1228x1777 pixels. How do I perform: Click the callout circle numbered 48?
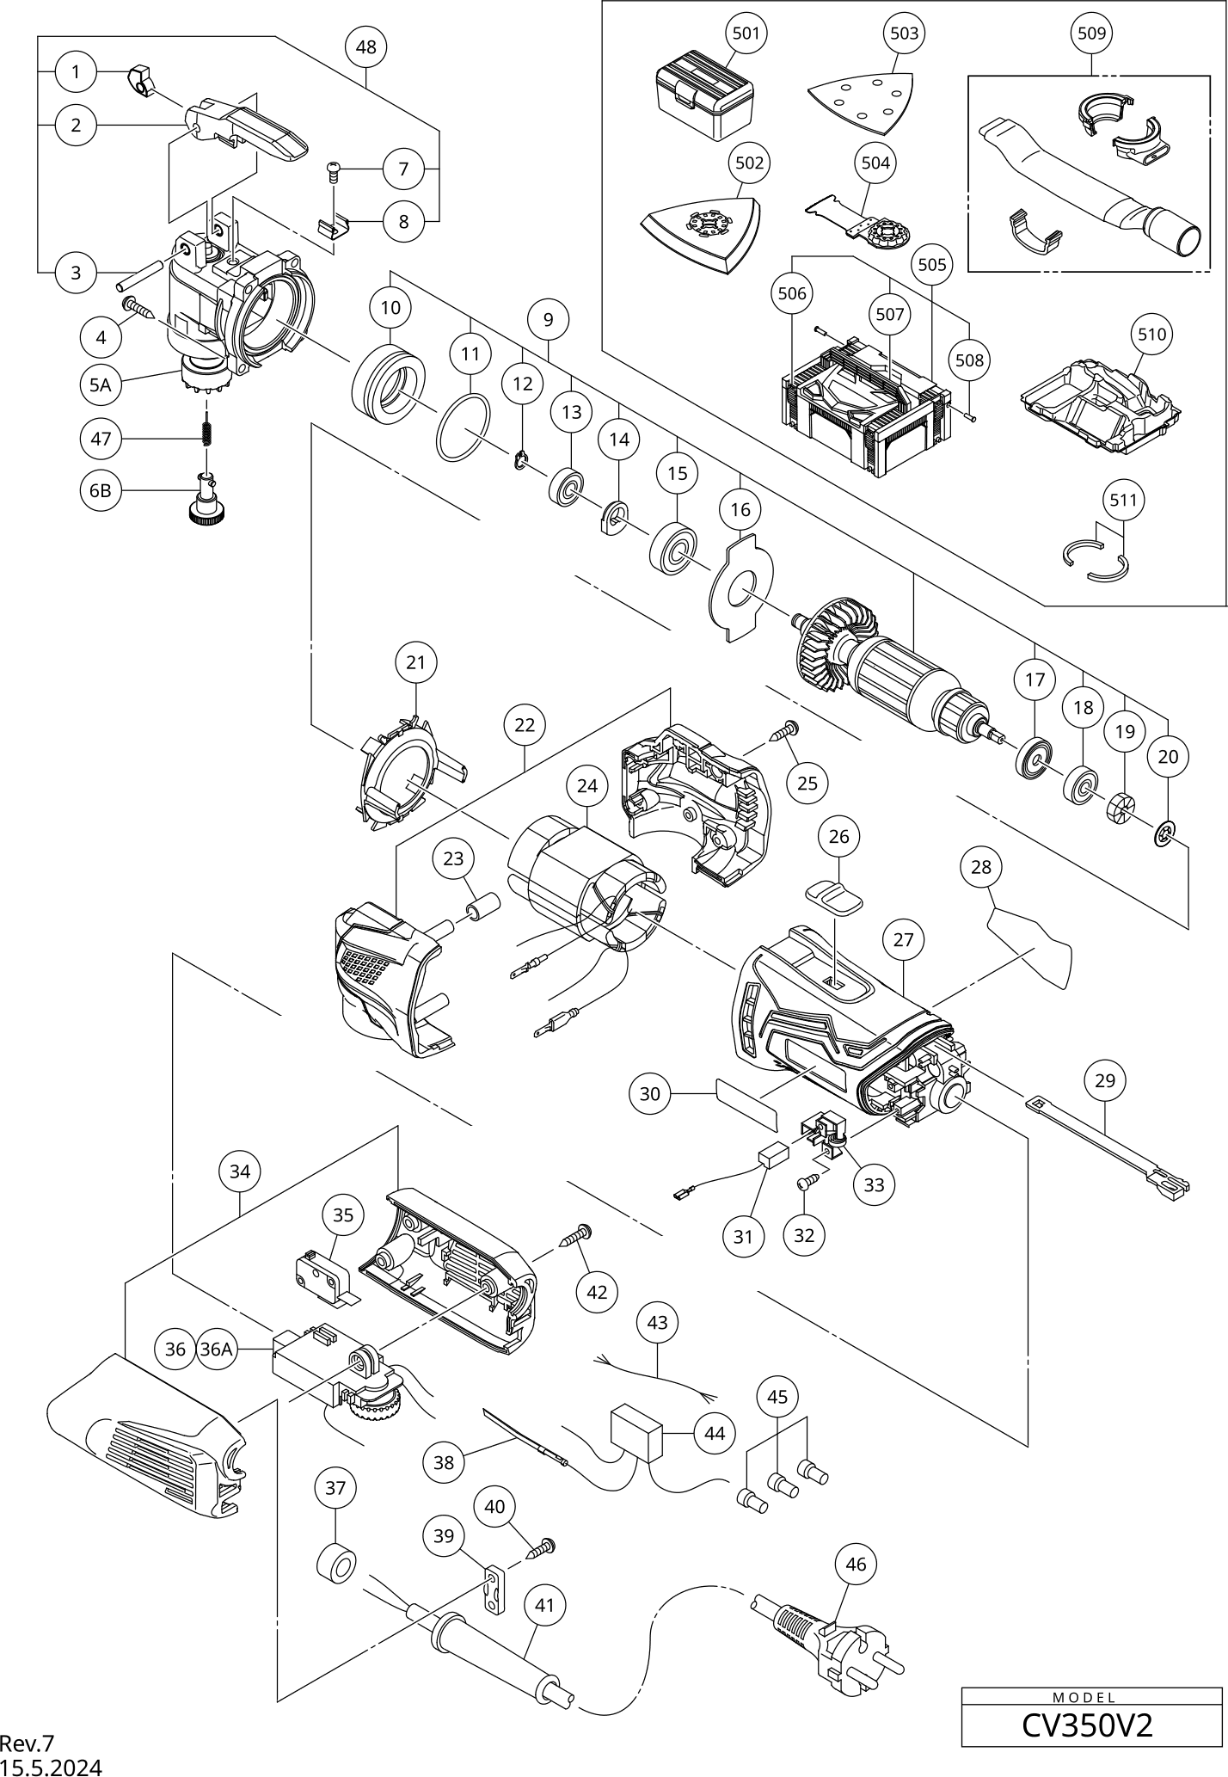(x=365, y=47)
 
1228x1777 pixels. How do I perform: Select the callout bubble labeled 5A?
(x=101, y=384)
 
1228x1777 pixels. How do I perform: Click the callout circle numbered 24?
(x=587, y=785)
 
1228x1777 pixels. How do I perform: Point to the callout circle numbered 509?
(x=1092, y=34)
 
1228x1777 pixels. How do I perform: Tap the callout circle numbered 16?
(x=740, y=509)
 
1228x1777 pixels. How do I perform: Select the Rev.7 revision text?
(x=27, y=1743)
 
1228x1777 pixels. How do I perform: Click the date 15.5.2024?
(x=51, y=1767)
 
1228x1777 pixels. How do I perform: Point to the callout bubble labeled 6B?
(x=101, y=491)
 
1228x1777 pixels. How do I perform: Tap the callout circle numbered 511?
(x=1124, y=500)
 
